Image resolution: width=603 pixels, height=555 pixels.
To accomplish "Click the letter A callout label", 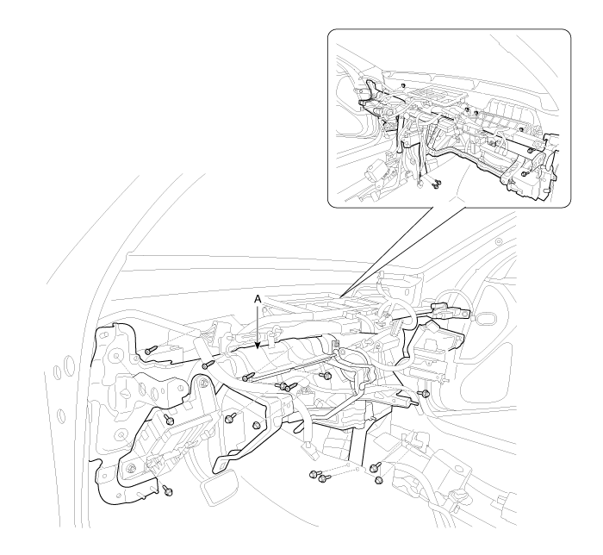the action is [258, 299].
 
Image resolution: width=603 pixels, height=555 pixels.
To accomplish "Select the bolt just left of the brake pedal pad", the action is [167, 490].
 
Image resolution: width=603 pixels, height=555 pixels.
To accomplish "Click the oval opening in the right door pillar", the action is [487, 319].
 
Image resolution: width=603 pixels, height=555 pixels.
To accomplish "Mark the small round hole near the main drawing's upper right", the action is [499, 241].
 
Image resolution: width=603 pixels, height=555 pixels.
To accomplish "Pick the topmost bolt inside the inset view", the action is [402, 85].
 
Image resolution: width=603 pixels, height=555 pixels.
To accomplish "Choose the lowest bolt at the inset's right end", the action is [525, 174].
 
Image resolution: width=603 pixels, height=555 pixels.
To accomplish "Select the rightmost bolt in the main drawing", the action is [425, 393].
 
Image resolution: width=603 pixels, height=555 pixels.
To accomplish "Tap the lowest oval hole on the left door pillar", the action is [61, 416].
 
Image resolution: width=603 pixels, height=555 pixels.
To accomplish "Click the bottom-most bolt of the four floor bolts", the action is [378, 480].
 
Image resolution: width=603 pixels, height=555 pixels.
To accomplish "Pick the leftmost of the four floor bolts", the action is [313, 474].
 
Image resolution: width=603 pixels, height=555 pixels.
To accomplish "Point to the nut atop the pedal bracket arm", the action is [204, 383].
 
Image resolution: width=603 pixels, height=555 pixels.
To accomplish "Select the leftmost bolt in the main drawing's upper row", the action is [151, 351].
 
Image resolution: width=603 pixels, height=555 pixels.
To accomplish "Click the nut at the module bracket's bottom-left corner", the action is [132, 468].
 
